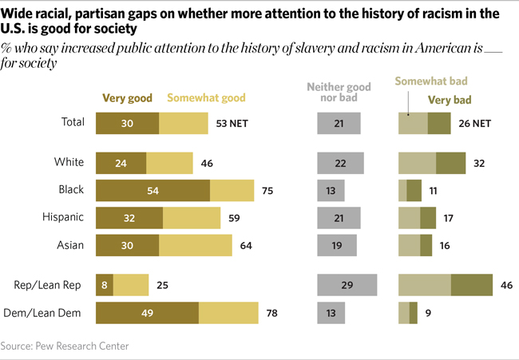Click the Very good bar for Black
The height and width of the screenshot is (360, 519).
153,190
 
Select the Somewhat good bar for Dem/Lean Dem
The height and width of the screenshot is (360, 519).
228,313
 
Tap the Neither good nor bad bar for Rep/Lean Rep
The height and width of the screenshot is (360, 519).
347,285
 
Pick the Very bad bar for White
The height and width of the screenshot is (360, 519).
450,163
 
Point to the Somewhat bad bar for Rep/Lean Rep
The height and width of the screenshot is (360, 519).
425,285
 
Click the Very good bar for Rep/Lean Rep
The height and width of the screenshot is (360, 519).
105,285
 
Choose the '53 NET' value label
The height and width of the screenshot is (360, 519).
234,123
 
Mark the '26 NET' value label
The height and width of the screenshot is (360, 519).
476,123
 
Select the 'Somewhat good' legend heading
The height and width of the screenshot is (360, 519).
206,100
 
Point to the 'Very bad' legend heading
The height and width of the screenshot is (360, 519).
450,100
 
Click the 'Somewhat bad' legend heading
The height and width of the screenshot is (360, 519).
432,81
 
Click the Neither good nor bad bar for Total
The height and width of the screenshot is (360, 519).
339,123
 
